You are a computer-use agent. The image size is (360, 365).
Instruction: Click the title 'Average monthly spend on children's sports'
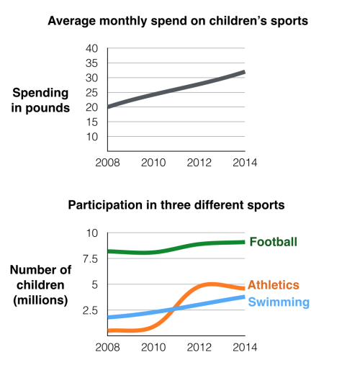pyautogui.click(x=178, y=21)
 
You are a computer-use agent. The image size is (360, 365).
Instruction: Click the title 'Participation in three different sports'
pyautogui.click(x=176, y=205)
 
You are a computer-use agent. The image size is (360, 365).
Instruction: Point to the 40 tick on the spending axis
pyautogui.click(x=91, y=48)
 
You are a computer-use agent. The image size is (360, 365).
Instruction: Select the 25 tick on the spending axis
pyautogui.click(x=91, y=93)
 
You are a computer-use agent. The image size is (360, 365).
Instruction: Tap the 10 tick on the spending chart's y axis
pyautogui.click(x=91, y=137)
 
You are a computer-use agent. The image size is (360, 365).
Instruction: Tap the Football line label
pyautogui.click(x=273, y=242)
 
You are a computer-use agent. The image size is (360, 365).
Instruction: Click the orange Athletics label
pyautogui.click(x=273, y=286)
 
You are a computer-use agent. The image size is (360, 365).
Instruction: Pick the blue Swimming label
pyautogui.click(x=279, y=302)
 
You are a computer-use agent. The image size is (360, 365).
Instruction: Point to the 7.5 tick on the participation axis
pyautogui.click(x=89, y=258)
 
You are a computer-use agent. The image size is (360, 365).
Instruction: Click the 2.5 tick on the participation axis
pyautogui.click(x=89, y=310)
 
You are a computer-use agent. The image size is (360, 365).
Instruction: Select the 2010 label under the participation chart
pyautogui.click(x=153, y=346)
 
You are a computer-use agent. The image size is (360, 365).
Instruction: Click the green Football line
pyautogui.click(x=180, y=247)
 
